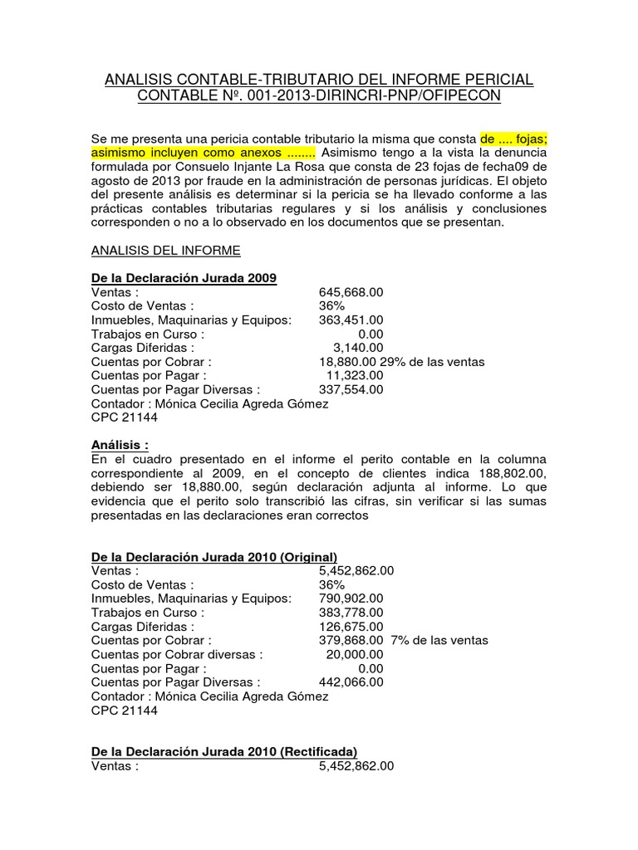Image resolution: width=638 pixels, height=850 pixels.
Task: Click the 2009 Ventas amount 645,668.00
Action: click(351, 292)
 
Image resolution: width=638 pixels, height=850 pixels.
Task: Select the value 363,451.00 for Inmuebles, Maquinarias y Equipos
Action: click(351, 320)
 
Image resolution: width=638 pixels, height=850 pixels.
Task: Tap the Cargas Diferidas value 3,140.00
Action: click(358, 348)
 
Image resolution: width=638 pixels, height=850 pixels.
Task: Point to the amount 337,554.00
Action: click(351, 389)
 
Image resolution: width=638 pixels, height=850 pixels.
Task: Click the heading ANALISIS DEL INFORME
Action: click(165, 250)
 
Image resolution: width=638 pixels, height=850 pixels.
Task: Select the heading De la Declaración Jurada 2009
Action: click(184, 278)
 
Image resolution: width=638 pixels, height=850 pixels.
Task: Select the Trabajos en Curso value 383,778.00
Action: click(351, 613)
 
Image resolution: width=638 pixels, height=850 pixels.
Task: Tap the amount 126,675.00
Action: click(351, 626)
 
